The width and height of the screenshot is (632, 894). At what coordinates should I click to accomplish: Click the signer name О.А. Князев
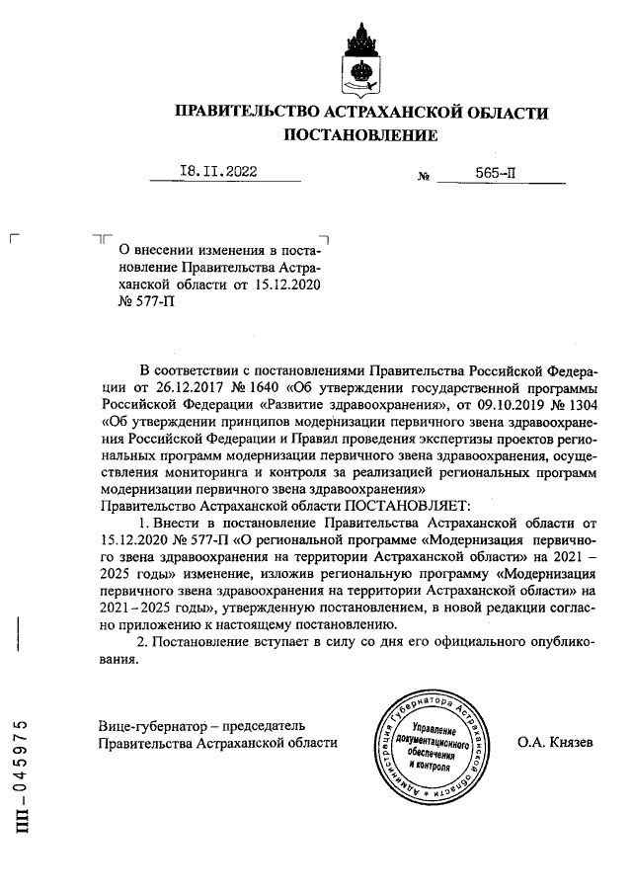point(554,741)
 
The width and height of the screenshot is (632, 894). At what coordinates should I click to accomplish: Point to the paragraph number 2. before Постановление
point(142,643)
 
